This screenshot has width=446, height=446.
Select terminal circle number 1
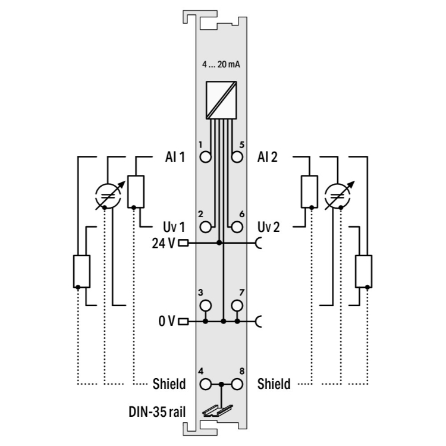[x=206, y=157]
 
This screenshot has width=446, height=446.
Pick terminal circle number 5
[x=238, y=157]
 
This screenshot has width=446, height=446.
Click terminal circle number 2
[x=206, y=227]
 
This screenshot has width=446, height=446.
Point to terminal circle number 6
[x=238, y=227]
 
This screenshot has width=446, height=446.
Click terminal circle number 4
[x=206, y=384]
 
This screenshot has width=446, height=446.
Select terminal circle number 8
[x=238, y=384]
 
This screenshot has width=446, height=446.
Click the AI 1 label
[x=175, y=157]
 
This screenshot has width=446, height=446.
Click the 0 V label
[x=167, y=322]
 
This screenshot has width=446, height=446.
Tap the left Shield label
[x=169, y=384]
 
